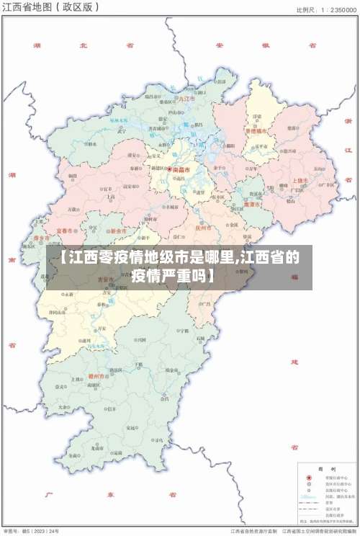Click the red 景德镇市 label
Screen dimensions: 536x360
[256, 131]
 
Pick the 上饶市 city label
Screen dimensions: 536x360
[300, 181]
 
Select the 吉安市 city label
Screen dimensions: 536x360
[107, 280]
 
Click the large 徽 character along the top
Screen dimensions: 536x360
[265, 45]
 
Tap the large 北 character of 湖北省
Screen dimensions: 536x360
[83, 45]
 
